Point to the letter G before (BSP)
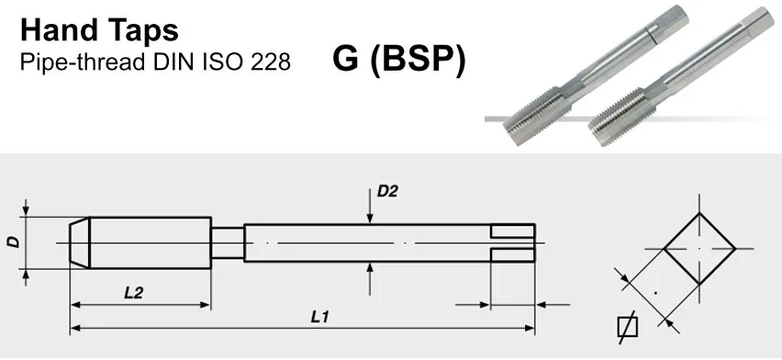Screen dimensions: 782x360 [346, 59]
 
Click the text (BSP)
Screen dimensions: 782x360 [417, 60]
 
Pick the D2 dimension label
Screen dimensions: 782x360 [387, 191]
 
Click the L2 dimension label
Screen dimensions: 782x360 [134, 293]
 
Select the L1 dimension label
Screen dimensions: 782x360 [319, 317]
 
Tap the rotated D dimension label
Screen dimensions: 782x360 [14, 242]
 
